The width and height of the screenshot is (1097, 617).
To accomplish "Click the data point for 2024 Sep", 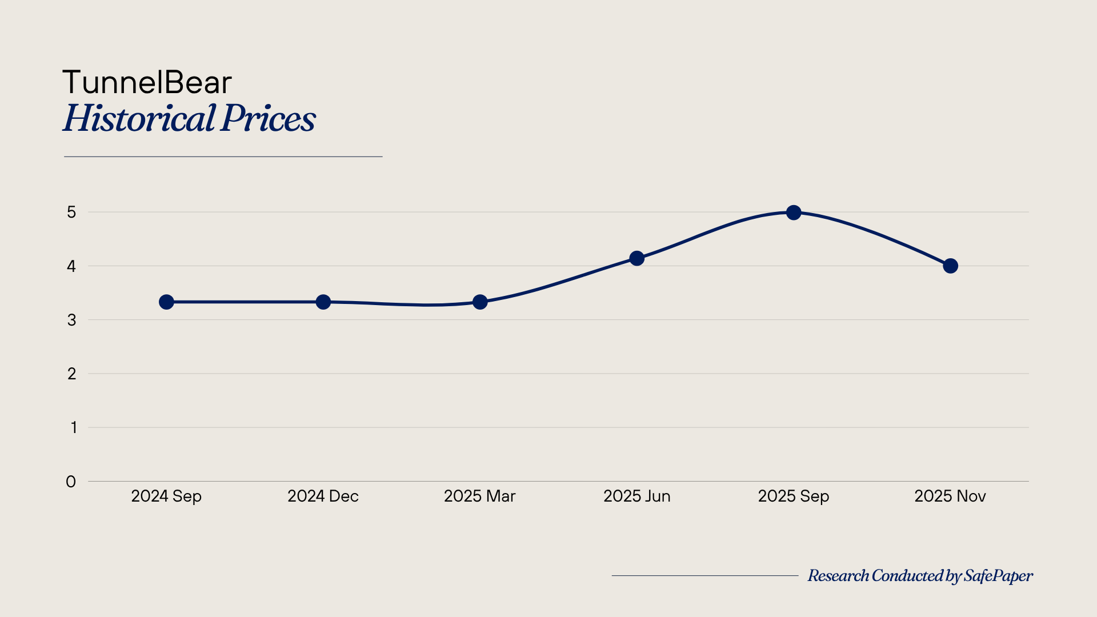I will [x=166, y=302].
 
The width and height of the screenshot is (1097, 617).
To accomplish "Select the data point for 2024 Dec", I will [x=323, y=302].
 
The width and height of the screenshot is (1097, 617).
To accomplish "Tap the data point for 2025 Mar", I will [x=480, y=302].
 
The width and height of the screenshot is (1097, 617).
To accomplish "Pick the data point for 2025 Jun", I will [x=636, y=258].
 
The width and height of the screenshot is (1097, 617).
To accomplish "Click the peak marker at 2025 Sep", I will [x=794, y=213].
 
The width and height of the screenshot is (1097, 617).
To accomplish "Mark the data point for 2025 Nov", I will [x=950, y=266].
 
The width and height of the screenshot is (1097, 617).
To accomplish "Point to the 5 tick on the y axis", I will [x=71, y=213].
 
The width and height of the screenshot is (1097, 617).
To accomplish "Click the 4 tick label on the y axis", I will [x=71, y=266].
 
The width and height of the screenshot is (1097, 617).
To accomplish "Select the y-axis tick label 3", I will [x=71, y=320].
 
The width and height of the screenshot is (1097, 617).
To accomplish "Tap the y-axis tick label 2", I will [x=71, y=374].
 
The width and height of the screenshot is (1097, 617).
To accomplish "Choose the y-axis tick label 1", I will [x=73, y=427].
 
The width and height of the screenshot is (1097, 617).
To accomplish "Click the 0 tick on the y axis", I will [x=71, y=482].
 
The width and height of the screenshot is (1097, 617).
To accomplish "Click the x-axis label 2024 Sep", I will [x=166, y=496].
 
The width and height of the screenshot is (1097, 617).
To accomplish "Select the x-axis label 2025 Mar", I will [x=480, y=496].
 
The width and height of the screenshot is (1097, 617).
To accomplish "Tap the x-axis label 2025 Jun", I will [x=636, y=496].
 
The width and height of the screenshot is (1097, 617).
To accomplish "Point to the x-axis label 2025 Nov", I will [x=950, y=496].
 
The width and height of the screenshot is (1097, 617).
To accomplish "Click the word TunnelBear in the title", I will [x=147, y=82].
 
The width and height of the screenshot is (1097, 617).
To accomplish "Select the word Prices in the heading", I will [x=268, y=119].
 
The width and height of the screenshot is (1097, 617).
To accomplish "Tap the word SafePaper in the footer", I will [x=998, y=576].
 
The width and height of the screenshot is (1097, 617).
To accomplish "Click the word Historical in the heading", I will [x=139, y=119].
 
